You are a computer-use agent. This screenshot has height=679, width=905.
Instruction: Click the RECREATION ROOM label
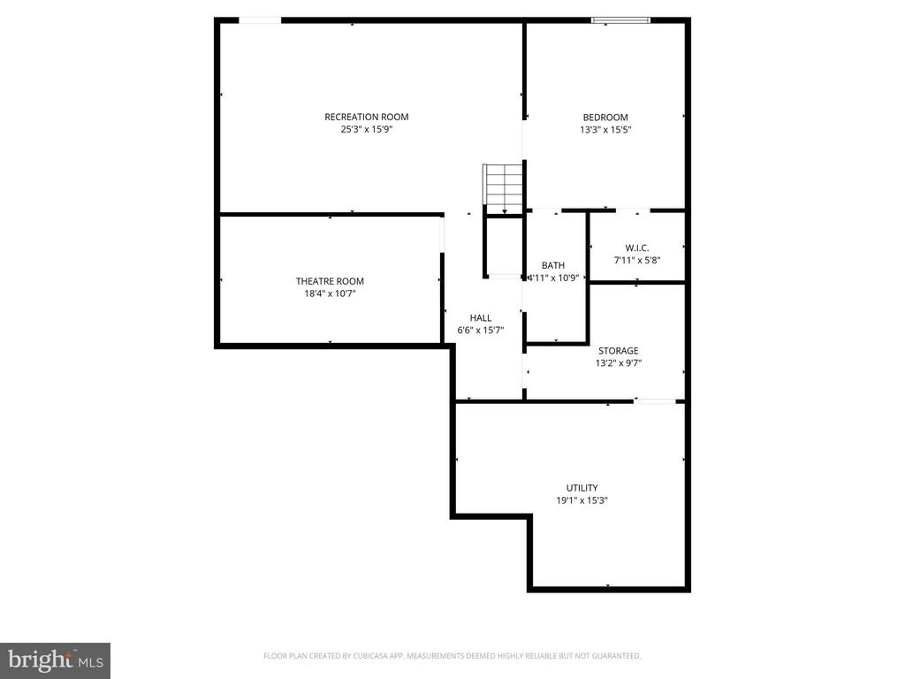tap(366, 117)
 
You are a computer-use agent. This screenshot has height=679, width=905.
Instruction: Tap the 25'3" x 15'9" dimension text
tap(366, 129)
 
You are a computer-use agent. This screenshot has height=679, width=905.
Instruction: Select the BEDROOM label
tap(605, 118)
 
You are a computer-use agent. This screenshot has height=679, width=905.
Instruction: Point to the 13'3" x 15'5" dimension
tap(605, 129)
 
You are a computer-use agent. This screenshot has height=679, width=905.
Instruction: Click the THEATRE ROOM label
tap(330, 281)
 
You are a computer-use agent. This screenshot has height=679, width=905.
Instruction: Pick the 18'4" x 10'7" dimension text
tap(330, 294)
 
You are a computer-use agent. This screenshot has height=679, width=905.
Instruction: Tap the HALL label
tap(481, 318)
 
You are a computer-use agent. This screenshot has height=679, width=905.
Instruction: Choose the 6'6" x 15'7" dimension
tap(481, 330)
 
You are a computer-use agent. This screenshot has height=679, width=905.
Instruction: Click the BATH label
tap(553, 265)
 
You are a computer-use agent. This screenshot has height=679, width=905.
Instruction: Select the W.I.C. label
tap(637, 248)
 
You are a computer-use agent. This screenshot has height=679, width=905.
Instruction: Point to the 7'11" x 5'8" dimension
tap(637, 260)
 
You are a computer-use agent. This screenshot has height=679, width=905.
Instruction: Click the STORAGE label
tap(618, 351)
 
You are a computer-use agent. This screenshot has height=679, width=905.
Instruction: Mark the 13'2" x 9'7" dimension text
tap(618, 362)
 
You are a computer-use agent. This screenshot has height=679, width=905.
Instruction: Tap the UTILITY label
tap(582, 488)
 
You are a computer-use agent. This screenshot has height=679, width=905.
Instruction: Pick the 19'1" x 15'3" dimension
tap(582, 500)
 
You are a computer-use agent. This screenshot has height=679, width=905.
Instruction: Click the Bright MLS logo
tap(55, 660)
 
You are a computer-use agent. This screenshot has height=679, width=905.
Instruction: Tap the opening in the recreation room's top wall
tap(260, 19)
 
